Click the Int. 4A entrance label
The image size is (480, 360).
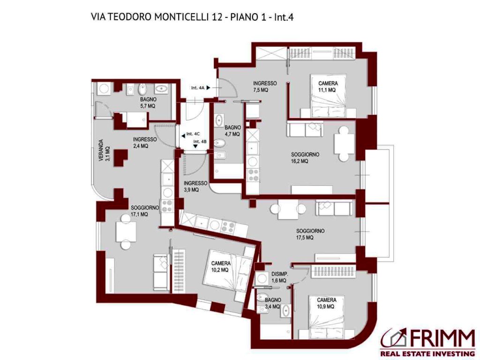tap(198, 88)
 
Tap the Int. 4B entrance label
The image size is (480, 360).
tap(200, 142)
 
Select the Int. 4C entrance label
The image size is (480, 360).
tap(193, 134)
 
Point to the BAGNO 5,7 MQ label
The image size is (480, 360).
tap(149, 103)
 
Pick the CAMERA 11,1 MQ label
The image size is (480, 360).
tap(328, 87)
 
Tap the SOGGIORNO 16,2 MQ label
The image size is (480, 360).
tap(305, 158)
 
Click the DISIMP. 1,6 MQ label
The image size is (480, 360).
tap(279, 277)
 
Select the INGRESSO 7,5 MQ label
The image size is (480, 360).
tap(265, 87)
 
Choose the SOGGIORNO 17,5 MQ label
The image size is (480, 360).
tap(310, 234)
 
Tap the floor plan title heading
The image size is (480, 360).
tap(192, 17)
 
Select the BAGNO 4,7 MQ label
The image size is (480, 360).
tap(232, 131)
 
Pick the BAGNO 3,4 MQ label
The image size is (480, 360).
tap(273, 303)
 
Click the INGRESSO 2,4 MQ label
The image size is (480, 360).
tap(144, 142)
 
